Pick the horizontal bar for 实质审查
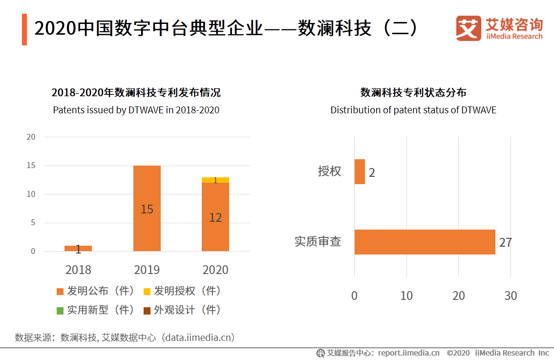[x=425, y=242]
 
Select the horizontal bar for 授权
[x=360, y=171]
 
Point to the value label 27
[x=505, y=242]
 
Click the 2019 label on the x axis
[x=147, y=270]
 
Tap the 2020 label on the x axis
[x=215, y=270]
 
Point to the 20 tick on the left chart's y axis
[x=31, y=137]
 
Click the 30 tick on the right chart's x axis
[x=511, y=296]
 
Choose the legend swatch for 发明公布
[x=60, y=292]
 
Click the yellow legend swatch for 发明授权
[x=147, y=292]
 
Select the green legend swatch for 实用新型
[x=60, y=310]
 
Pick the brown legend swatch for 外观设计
[x=147, y=310]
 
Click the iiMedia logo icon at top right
[x=469, y=28]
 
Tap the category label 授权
[x=329, y=171]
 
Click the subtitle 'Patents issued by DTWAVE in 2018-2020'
[x=136, y=110]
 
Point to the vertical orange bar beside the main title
[x=24, y=29]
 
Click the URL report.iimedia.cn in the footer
[x=408, y=353]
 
